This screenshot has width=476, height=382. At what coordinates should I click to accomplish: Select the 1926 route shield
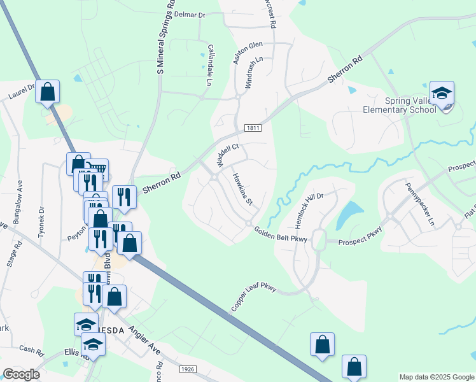tap(187, 369)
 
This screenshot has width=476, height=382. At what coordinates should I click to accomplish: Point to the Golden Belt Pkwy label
tap(281, 234)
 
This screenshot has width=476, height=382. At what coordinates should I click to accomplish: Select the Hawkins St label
tap(242, 190)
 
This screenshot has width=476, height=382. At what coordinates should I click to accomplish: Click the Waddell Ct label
tap(227, 155)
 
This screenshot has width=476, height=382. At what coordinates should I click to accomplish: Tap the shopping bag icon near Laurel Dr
tap(48, 92)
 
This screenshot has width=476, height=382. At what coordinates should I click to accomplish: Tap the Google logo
tap(21, 374)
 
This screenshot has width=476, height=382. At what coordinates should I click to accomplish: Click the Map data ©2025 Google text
tap(436, 377)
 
